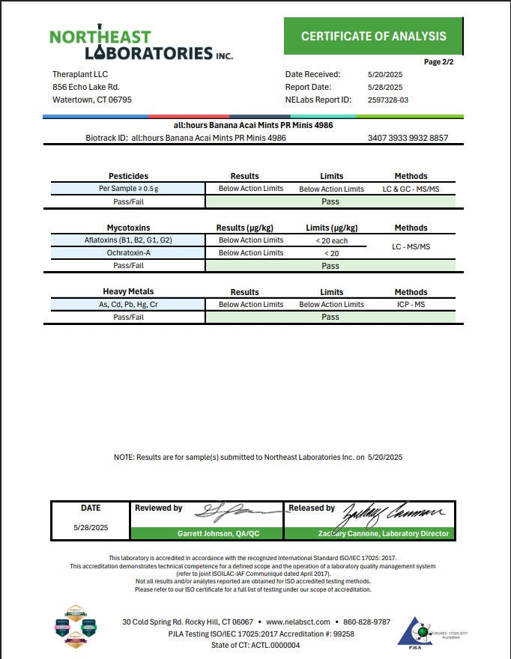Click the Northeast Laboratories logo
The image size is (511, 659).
point(141,45)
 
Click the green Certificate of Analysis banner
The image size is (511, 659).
point(373,36)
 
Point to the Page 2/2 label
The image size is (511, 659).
point(438,61)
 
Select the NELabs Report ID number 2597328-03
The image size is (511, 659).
point(388,100)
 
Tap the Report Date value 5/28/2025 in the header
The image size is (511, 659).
point(384,87)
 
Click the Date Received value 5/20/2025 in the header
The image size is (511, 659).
point(384,74)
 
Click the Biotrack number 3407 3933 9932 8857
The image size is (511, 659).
point(408,138)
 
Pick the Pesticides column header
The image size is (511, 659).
point(128,176)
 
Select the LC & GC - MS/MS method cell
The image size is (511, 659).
point(411,189)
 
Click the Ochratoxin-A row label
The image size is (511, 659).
point(128,253)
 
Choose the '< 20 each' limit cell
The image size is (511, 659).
point(331,240)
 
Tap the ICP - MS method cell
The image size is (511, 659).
point(411,305)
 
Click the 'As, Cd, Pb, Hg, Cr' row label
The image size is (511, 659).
point(128,305)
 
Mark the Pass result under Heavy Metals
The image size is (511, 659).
point(330,317)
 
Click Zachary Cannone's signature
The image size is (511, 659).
point(393,513)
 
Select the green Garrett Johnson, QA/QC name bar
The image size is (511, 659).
point(207,534)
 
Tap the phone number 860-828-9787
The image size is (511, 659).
point(366,622)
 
